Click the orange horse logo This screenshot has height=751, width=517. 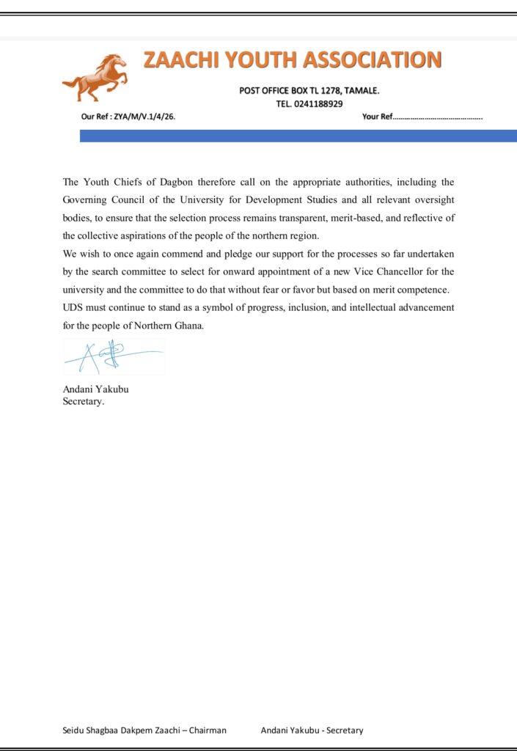pos(95,78)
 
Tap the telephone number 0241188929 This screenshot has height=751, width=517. pos(317,104)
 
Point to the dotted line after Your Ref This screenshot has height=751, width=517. pos(439,117)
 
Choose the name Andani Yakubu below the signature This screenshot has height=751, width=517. pos(95,389)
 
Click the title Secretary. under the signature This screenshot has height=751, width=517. pos(84,401)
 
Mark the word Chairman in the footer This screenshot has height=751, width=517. pos(208,730)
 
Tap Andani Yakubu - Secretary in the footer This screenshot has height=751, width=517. pos(312,730)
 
